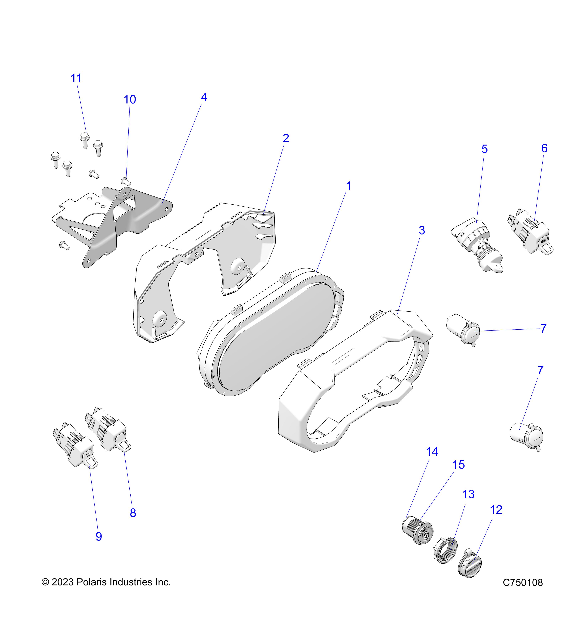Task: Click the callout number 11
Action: click(x=76, y=78)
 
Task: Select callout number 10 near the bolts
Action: click(x=129, y=100)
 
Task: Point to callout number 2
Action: click(x=286, y=138)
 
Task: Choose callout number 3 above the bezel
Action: click(x=422, y=231)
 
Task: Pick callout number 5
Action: click(x=484, y=149)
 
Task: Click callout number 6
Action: click(x=544, y=148)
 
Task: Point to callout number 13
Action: click(x=468, y=494)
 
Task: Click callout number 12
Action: click(x=496, y=510)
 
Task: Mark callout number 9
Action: click(x=99, y=537)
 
